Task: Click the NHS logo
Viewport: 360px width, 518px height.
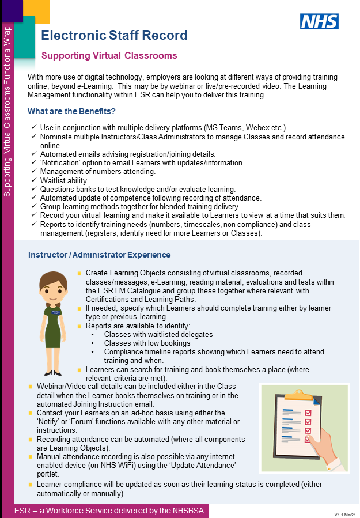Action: pyautogui.click(x=319, y=22)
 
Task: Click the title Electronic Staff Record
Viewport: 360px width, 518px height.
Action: pyautogui.click(x=114, y=35)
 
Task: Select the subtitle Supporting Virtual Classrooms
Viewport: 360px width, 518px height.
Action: pyautogui.click(x=109, y=56)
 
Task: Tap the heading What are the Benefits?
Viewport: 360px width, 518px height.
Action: pyautogui.click(x=71, y=111)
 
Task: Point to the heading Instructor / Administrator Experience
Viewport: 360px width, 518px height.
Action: pyautogui.click(x=99, y=255)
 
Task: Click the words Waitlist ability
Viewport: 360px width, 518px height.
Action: pyautogui.click(x=64, y=180)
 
